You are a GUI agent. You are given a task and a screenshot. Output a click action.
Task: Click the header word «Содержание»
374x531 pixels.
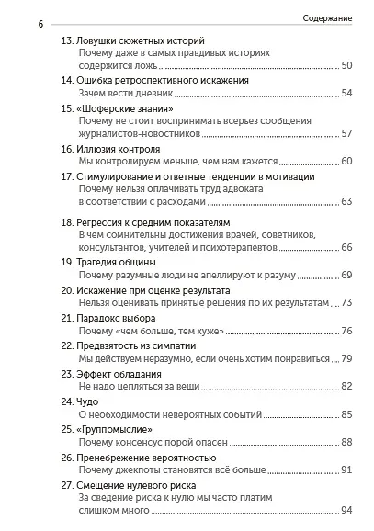pyautogui.click(x=330, y=17)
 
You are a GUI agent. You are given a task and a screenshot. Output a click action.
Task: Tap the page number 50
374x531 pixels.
pyautogui.click(x=346, y=66)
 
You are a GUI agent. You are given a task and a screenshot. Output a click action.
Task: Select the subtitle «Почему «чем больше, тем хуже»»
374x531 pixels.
pyautogui.click(x=147, y=331)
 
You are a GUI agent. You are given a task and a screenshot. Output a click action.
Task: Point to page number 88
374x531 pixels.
pyautogui.click(x=346, y=442)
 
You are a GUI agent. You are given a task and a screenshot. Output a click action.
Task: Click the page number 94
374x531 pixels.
pyautogui.click(x=346, y=511)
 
